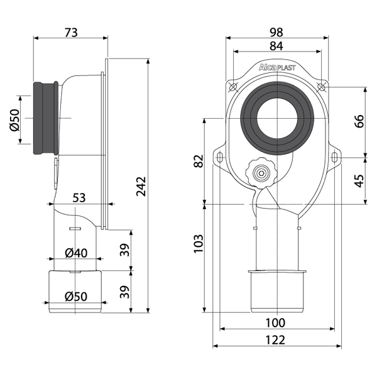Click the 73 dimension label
(71, 33)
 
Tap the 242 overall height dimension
(141, 187)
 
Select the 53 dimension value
(79, 198)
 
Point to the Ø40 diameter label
(76, 253)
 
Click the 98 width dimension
(276, 33)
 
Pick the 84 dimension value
(276, 46)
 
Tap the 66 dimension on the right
(359, 121)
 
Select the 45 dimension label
(359, 180)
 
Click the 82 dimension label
(199, 161)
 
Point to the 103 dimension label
(199, 244)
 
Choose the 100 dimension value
(276, 323)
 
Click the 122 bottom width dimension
(276, 340)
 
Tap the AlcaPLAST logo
(277, 67)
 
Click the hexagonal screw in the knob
(261, 173)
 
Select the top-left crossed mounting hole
(233, 87)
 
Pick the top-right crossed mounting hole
(321, 87)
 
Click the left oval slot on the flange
(220, 158)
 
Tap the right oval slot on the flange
(334, 158)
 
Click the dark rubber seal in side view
(46, 118)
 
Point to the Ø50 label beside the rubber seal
(15, 120)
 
